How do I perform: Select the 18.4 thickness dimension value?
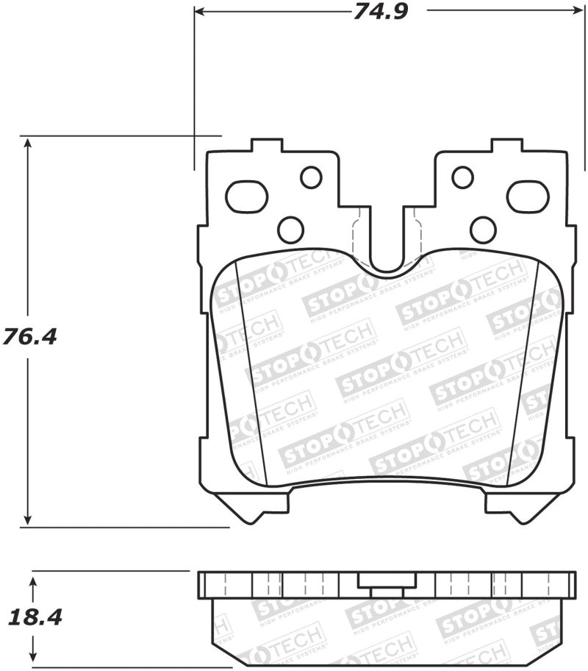pyautogui.click(x=33, y=617)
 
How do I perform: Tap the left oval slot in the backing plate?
pyautogui.click(x=245, y=196)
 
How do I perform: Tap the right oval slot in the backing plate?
pyautogui.click(x=528, y=196)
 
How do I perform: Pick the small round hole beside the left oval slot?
pyautogui.click(x=311, y=177)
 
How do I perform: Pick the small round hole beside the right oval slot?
pyautogui.click(x=462, y=177)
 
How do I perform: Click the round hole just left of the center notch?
pyautogui.click(x=290, y=230)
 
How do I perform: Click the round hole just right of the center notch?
pyautogui.click(x=483, y=230)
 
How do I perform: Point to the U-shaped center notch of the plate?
pyautogui.click(x=387, y=250)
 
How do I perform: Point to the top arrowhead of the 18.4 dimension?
pyautogui.click(x=33, y=582)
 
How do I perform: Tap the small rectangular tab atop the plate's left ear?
pyautogui.click(x=266, y=145)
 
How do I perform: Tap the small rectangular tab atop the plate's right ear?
pyautogui.click(x=507, y=145)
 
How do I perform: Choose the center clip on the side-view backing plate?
pyautogui.click(x=386, y=583)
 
